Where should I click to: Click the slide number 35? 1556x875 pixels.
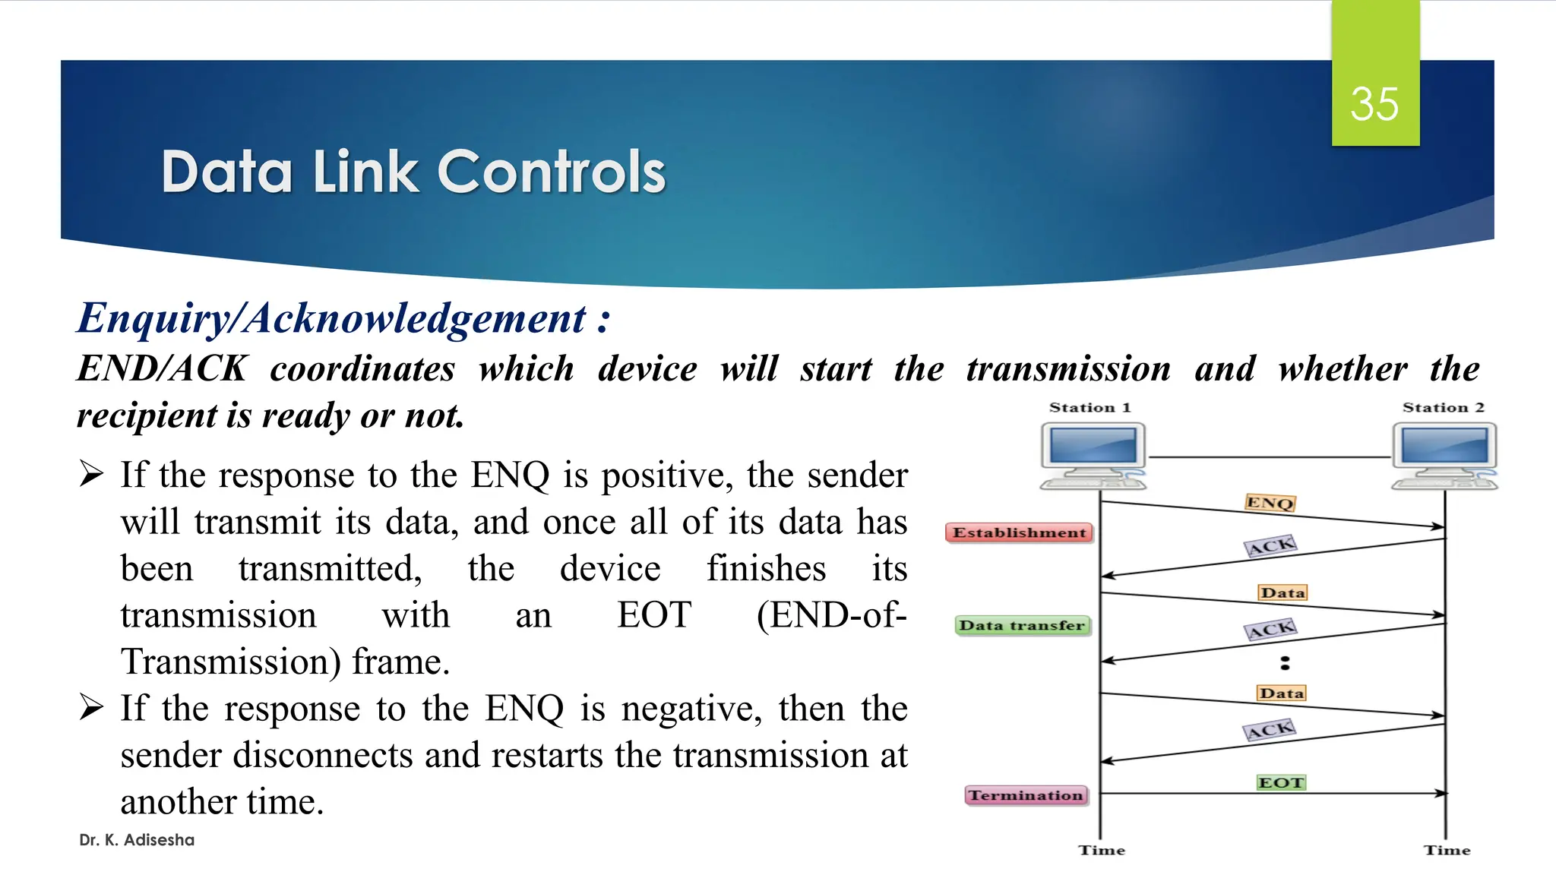coord(1374,104)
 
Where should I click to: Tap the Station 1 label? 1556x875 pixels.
coord(1090,408)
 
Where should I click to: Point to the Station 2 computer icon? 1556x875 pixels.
coord(1444,456)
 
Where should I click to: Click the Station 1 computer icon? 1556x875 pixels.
coord(1093,456)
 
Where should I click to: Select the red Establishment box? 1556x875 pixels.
coord(1019,533)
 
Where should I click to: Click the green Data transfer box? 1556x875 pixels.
coord(1022,626)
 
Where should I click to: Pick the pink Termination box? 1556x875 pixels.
coord(1026,795)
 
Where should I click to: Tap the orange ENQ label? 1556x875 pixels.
coord(1270,503)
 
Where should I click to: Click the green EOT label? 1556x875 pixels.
coord(1281,782)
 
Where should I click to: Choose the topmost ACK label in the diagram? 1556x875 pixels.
coord(1270,546)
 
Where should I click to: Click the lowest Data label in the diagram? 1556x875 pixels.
coord(1281,693)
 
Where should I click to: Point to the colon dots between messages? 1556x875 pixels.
coord(1285,663)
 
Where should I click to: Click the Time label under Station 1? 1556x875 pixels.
coord(1102,851)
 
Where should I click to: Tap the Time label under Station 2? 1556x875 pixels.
coord(1447,851)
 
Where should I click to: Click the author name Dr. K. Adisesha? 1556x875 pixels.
coord(137,840)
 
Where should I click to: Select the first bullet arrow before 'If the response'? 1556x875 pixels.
coord(91,475)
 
